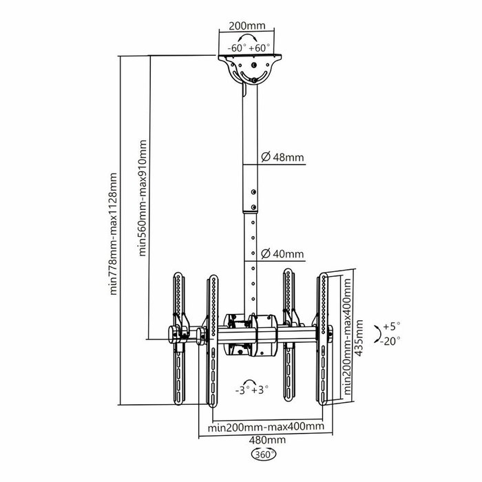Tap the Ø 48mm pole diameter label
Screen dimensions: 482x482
click(x=283, y=158)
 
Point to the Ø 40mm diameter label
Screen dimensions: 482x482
click(x=283, y=254)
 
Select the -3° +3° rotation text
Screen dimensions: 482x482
click(x=251, y=390)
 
